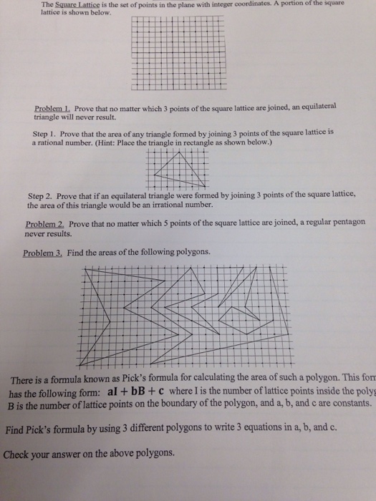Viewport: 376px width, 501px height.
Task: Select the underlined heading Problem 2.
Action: [x=45, y=224]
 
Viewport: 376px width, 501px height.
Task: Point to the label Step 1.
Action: [x=47, y=134]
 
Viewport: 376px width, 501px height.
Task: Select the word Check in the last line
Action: [x=20, y=453]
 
